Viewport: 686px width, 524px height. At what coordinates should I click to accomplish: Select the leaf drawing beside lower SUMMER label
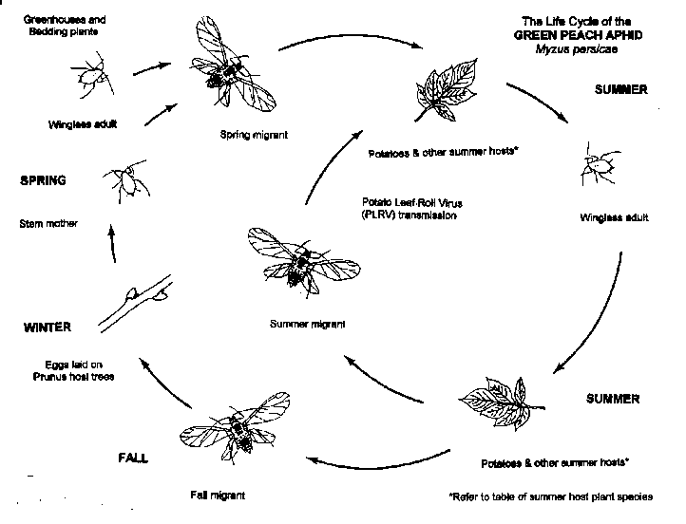[x=496, y=402]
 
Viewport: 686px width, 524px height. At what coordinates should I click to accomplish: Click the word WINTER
[x=48, y=327]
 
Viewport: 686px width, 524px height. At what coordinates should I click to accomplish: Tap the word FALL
[x=135, y=458]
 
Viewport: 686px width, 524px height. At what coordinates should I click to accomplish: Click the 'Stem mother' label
[x=48, y=224]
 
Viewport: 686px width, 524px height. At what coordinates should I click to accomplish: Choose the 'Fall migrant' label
[x=218, y=496]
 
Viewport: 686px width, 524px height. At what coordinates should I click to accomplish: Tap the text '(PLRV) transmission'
[x=410, y=215]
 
